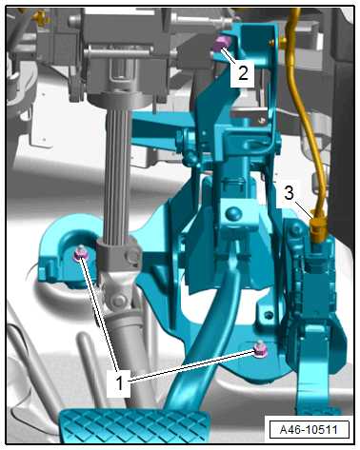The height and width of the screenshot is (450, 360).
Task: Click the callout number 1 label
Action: point(119,382)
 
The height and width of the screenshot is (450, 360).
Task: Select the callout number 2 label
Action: point(243,73)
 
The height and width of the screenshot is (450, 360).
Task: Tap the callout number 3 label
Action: point(289,192)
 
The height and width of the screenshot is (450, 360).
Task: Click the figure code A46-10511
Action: point(309,429)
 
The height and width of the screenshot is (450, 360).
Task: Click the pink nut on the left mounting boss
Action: point(79,253)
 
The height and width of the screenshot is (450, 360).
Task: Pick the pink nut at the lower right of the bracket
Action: point(261,349)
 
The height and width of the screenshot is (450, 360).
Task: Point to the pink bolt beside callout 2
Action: point(220,44)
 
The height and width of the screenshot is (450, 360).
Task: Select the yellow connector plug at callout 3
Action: point(317,226)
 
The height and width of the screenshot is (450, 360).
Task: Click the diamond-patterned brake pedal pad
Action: point(134,425)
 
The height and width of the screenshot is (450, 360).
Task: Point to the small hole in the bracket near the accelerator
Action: point(269,315)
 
